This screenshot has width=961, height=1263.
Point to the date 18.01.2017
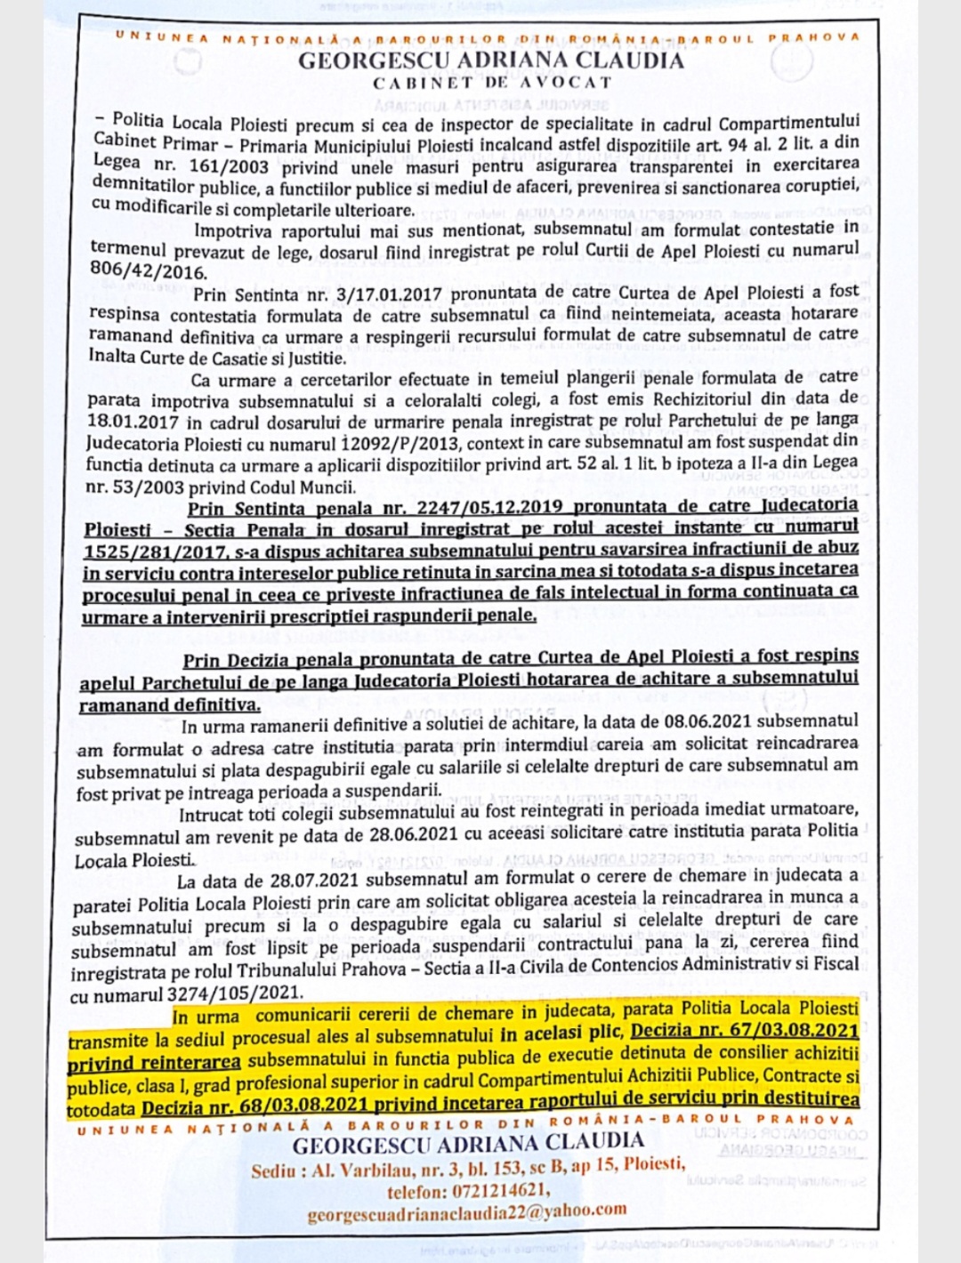[133, 422]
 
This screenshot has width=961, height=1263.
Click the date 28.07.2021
[308, 881]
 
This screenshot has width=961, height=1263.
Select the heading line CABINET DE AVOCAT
[492, 83]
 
